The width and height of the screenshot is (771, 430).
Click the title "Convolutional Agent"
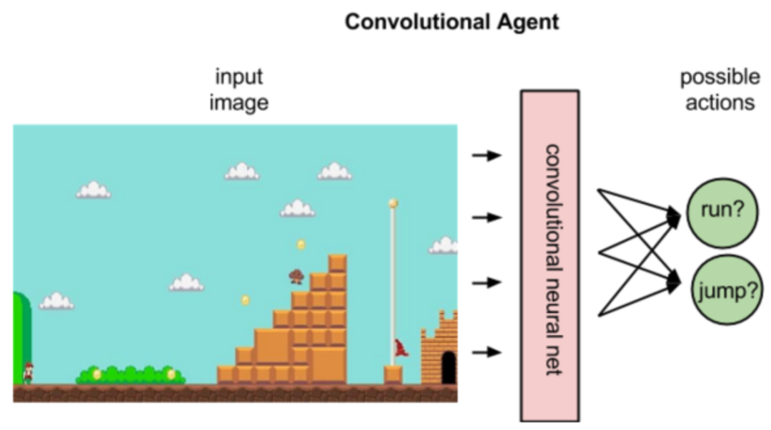point(451,22)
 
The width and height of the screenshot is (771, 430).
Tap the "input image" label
point(239,89)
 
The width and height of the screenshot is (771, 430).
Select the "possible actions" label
point(719,89)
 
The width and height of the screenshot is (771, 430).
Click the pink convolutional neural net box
point(549,255)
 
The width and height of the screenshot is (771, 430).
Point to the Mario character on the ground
point(28,372)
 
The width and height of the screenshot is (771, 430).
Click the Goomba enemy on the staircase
point(296,276)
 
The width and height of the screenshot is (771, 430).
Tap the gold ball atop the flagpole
point(393,203)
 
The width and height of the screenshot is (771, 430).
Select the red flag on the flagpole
point(400,349)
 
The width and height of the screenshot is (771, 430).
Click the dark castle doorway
point(448,367)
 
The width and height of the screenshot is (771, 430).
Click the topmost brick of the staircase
point(337,263)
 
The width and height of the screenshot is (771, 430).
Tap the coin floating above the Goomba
point(301,245)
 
